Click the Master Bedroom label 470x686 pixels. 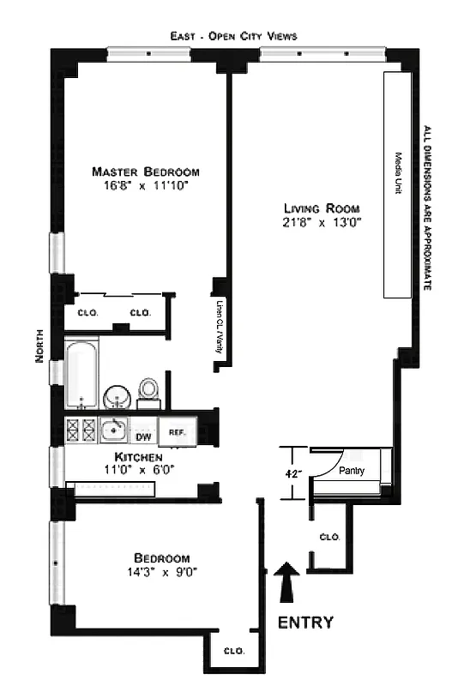(147, 171)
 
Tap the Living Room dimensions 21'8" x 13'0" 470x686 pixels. (322, 223)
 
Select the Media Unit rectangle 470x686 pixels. (399, 184)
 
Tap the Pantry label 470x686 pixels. (352, 471)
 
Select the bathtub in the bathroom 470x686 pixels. (82, 375)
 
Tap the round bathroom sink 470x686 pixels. (117, 397)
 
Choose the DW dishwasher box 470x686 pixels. (143, 433)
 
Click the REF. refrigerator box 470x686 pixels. (178, 433)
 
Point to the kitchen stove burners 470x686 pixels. (80, 430)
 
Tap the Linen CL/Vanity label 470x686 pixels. (220, 327)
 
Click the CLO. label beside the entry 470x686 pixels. (329, 537)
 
